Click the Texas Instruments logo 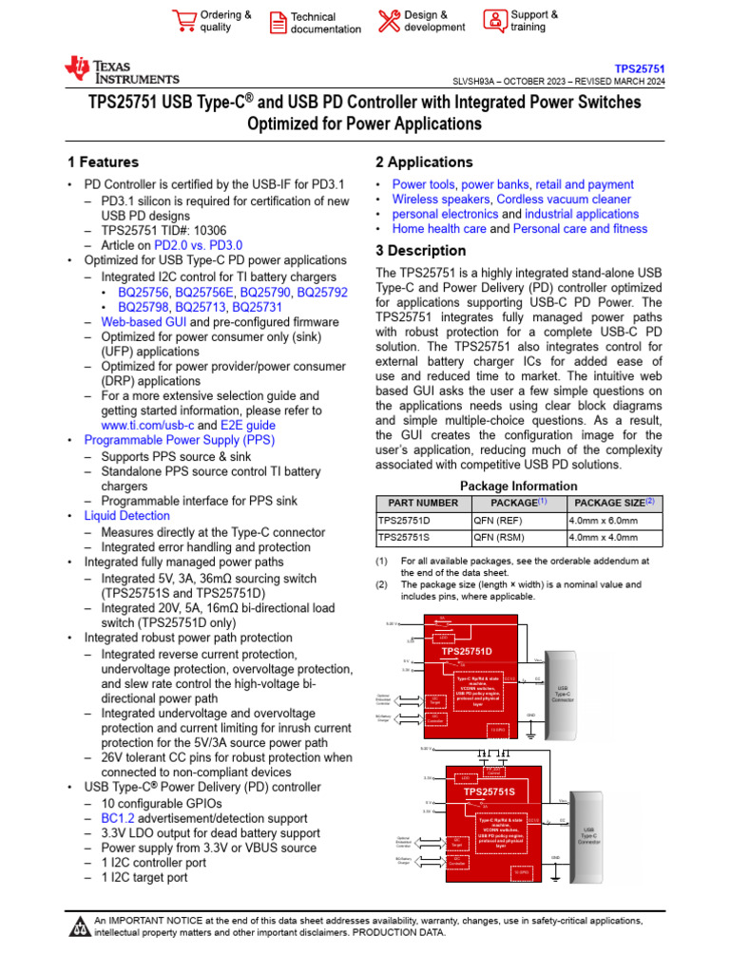121,71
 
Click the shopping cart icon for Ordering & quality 183,21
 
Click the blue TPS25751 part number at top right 639,69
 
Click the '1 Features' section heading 103,162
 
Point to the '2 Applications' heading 424,162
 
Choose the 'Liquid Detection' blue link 127,516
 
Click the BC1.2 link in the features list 117,817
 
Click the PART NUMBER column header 417,503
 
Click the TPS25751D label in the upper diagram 466,652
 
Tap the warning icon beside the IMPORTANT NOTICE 79,925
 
